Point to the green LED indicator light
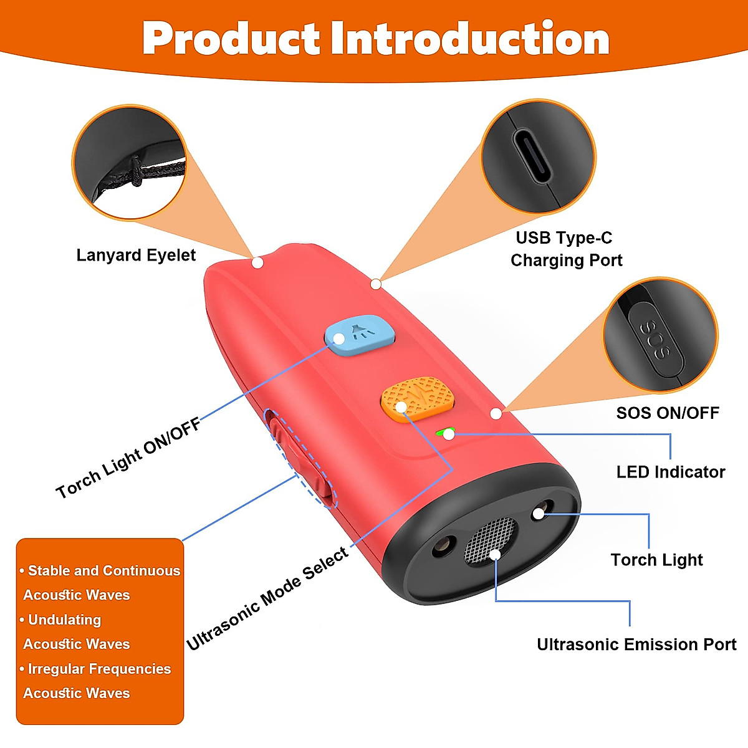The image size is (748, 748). [443, 431]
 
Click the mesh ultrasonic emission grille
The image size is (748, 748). [491, 540]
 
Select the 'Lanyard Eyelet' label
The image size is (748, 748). [136, 255]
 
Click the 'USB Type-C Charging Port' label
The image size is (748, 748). [565, 249]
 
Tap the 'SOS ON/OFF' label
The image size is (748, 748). [668, 413]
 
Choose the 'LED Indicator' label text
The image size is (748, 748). [671, 472]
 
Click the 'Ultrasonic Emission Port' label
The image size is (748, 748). [636, 644]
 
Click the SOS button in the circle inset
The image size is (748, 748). [655, 340]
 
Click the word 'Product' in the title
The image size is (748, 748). [231, 39]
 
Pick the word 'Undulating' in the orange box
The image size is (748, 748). [64, 620]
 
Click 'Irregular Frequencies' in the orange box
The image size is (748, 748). [99, 669]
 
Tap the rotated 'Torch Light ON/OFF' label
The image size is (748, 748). [128, 458]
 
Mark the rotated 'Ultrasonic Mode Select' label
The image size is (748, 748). [268, 598]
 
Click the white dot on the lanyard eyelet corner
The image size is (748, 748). [257, 262]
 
